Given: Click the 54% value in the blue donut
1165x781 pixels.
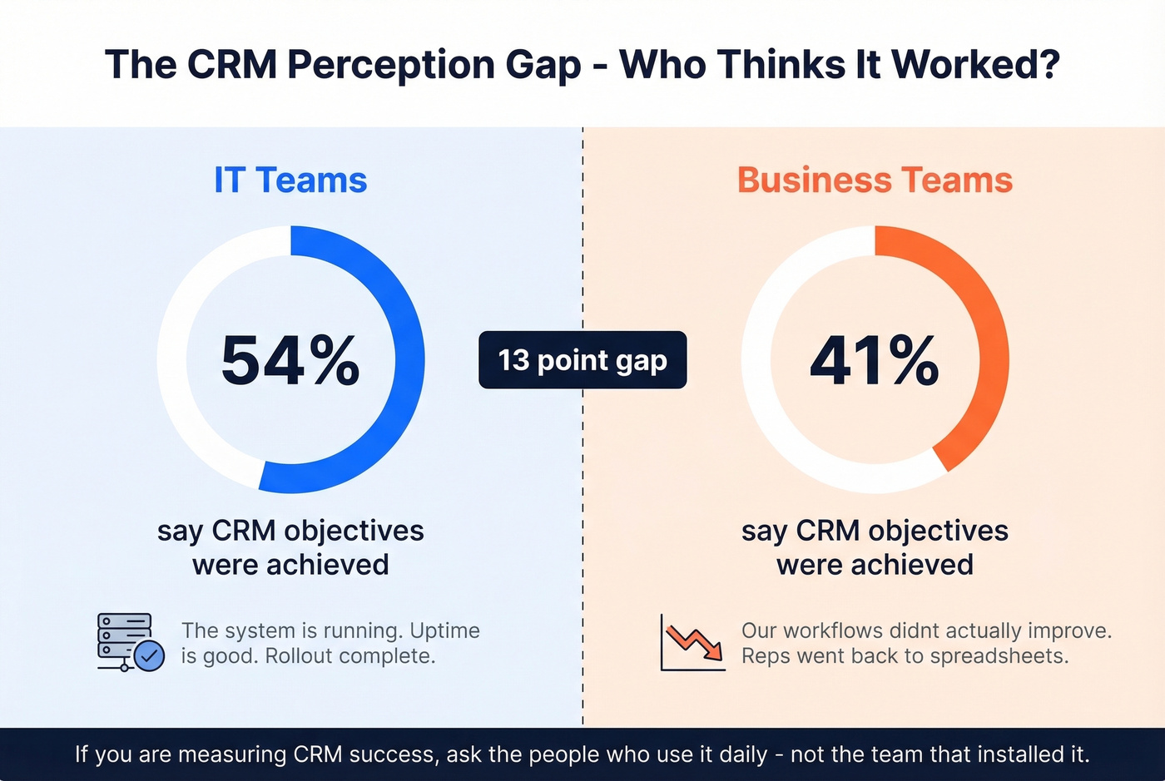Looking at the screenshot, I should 290,360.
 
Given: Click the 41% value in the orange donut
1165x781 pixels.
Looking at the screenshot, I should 875,360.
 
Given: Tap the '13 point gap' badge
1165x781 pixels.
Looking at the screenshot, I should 582,360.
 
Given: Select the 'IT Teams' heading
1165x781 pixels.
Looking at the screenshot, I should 290,180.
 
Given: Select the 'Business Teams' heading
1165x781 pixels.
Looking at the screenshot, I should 875,180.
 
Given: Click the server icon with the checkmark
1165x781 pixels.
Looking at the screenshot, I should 129,642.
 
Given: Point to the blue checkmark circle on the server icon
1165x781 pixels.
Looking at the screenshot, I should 149,656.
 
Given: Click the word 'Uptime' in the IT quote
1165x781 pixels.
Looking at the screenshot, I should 444,630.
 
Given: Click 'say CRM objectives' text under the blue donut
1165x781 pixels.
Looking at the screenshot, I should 290,531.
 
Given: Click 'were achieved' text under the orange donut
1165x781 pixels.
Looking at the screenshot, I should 875,565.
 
